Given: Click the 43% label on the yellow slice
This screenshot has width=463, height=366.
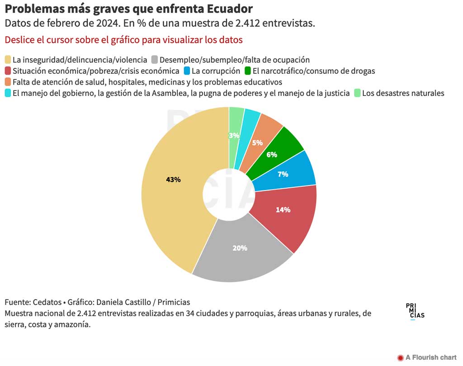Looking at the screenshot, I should coord(173,180).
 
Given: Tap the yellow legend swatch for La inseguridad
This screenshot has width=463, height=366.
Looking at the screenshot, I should coord(8,60).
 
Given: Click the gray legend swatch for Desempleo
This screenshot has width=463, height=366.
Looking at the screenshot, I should coord(155,60).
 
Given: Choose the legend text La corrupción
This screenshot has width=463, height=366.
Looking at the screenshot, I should coord(216,71).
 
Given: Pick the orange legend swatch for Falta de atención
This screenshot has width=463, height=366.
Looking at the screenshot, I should coord(8,82).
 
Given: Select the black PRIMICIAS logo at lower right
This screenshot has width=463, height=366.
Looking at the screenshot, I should coord(415,311).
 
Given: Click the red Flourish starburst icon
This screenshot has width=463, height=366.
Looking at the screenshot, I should coord(400,357).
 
